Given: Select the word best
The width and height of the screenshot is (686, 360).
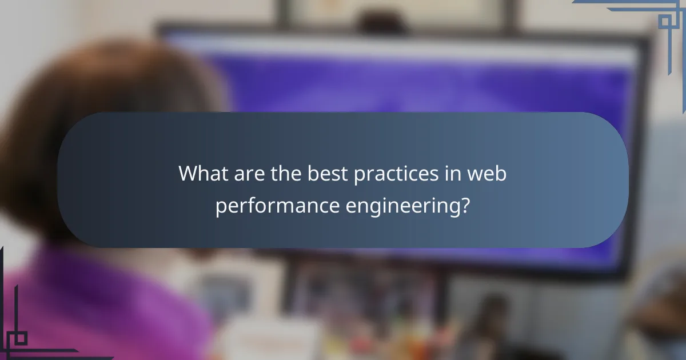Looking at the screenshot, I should click(325, 173).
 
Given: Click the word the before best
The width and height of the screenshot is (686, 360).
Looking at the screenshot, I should click(285, 173).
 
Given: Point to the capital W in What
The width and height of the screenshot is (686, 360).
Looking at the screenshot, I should click(188, 173).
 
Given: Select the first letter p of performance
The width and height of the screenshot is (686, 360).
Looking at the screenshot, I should click(220, 207).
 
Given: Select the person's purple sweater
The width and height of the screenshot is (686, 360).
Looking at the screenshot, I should click(103, 309).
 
